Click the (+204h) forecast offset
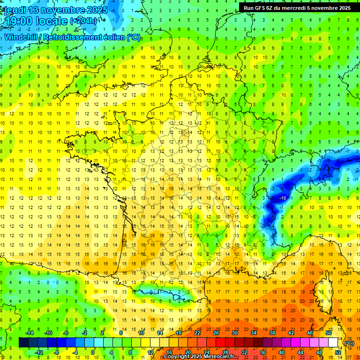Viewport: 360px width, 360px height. [x=84, y=21]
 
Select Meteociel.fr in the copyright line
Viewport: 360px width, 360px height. [x=217, y=356]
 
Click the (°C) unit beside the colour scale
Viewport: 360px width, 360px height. [x=349, y=343]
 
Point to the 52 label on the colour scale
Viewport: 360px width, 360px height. [x=338, y=352]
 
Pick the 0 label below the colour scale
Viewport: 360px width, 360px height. [x=93, y=352]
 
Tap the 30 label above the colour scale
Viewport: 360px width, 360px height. [x=235, y=333]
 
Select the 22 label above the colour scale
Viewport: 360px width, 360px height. [x=197, y=333]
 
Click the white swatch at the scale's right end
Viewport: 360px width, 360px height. [x=333, y=343]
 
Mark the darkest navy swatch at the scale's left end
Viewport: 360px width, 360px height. [x=23, y=343]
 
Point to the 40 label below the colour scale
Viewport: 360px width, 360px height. [x=282, y=352]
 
